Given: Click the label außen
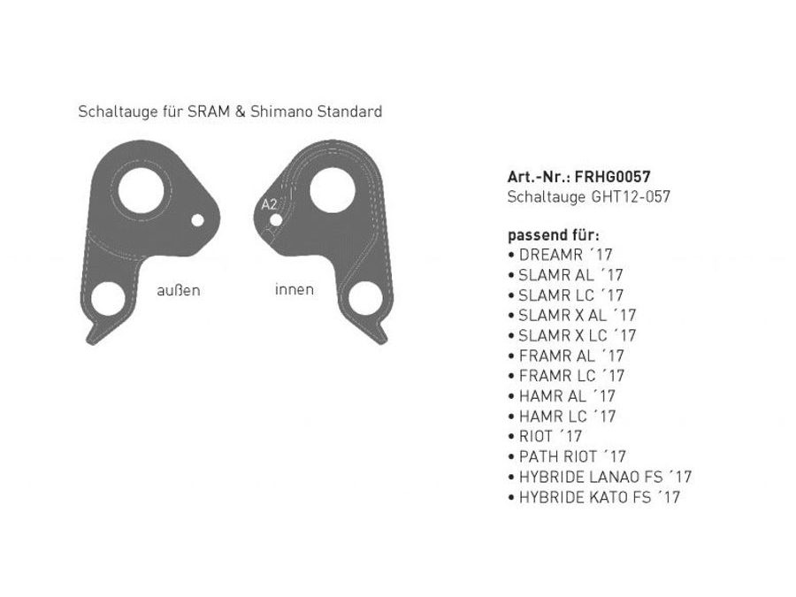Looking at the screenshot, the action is point(178,290).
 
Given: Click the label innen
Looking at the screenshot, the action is point(295,289).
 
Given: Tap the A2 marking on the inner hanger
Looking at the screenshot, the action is point(269,204).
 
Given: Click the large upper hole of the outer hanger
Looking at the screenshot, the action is point(142,191).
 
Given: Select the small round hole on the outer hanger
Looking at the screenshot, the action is point(197,220).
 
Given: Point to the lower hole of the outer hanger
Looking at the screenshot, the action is point(108,299).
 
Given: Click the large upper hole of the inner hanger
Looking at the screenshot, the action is point(333,190).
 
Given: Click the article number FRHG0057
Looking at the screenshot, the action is point(612,177).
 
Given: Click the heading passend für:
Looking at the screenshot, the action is point(554,235).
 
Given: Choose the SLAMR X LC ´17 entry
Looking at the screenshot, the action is point(571,335).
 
